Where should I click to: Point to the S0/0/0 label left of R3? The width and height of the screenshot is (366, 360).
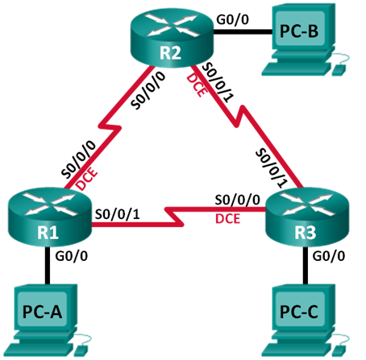tap(237, 200)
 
